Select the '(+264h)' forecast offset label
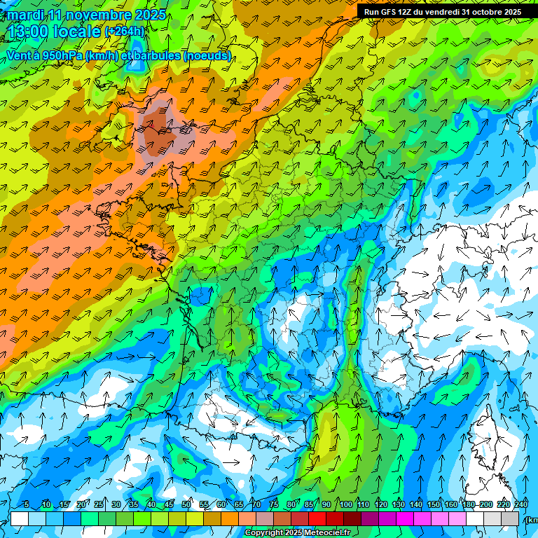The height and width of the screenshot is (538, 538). coord(124,31)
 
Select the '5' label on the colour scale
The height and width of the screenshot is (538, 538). coord(27,504)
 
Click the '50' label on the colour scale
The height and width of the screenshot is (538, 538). coord(186,504)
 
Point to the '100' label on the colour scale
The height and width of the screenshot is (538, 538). coord(345,504)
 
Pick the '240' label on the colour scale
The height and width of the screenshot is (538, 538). coord(521,504)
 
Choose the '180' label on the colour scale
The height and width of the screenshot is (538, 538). coord(468,504)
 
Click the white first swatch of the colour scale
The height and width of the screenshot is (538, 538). coord(20,518)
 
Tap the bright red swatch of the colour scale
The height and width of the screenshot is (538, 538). coord(319,518)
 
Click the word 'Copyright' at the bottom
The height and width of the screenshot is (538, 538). coord(263,533)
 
